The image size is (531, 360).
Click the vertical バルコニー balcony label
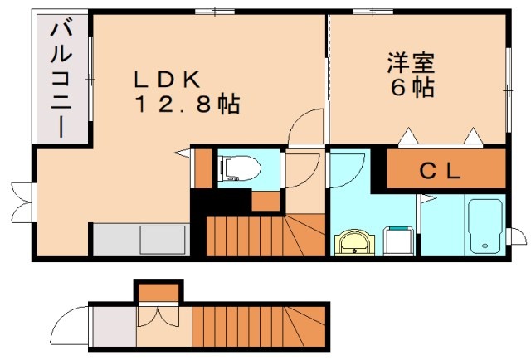(x=61, y=79)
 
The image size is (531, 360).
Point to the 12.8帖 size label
(x=185, y=105)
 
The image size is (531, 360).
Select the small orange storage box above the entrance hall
(x=158, y=292)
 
